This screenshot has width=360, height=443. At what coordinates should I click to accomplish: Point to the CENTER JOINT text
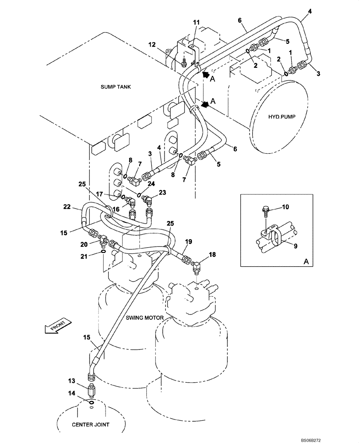[91, 424]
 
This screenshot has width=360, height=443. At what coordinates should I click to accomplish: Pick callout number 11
[196, 22]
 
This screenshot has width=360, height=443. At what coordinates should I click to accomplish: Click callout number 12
[152, 44]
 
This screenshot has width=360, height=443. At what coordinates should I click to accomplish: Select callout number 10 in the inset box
[286, 207]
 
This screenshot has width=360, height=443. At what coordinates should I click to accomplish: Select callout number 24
[152, 183]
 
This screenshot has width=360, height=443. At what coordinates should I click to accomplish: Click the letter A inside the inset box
[306, 261]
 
